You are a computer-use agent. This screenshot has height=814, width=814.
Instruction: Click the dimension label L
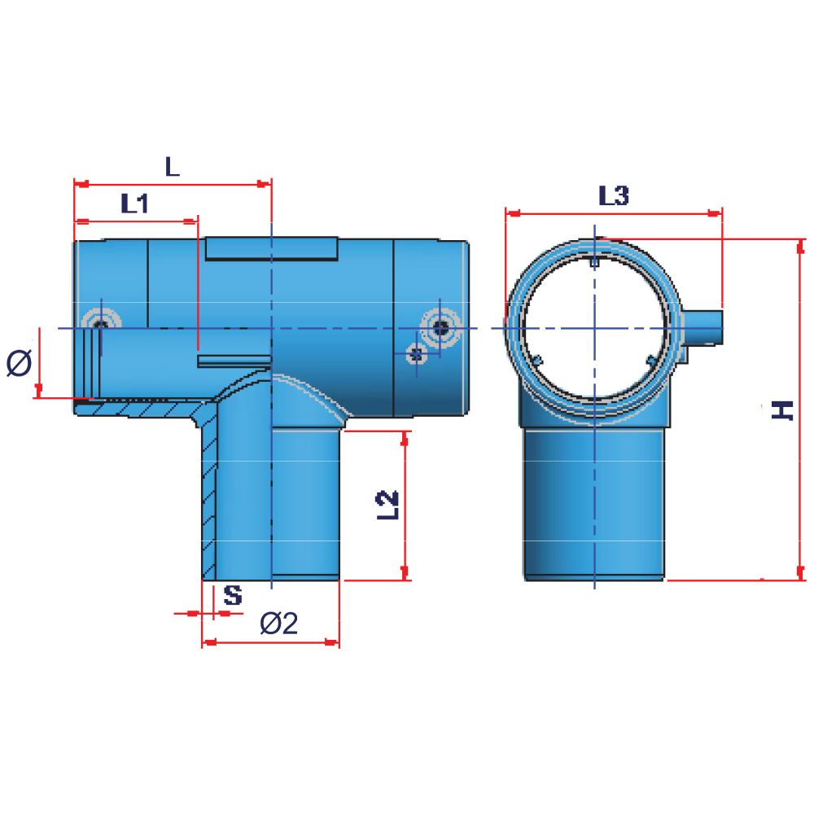pos(172,167)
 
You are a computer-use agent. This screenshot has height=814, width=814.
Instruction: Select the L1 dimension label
pos(135,203)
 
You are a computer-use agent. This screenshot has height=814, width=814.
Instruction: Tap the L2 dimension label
pos(389,505)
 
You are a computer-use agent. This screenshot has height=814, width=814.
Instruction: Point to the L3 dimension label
pos(614,196)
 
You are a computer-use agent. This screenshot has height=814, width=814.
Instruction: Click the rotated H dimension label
pos(782,410)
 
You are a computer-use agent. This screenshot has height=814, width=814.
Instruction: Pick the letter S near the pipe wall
pos(233,596)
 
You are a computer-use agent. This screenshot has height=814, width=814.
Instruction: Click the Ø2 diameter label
pos(279,624)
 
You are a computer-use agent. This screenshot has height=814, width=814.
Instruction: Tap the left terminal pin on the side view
pos(100,322)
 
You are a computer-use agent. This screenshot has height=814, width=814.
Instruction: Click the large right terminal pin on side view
pos(440,328)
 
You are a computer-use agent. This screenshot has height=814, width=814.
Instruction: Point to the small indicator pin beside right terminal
pos(416,354)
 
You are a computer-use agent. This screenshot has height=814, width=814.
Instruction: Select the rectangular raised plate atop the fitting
pos(271,248)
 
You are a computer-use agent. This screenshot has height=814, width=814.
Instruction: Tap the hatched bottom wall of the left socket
pos(138,409)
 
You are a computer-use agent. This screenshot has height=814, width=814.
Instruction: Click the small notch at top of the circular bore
pos(596,262)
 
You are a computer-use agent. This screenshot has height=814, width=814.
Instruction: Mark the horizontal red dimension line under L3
pos(614,214)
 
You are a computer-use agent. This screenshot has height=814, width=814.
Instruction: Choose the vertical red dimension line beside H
pos(801,410)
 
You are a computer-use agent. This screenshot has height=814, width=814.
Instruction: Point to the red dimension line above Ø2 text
pos(270,643)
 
